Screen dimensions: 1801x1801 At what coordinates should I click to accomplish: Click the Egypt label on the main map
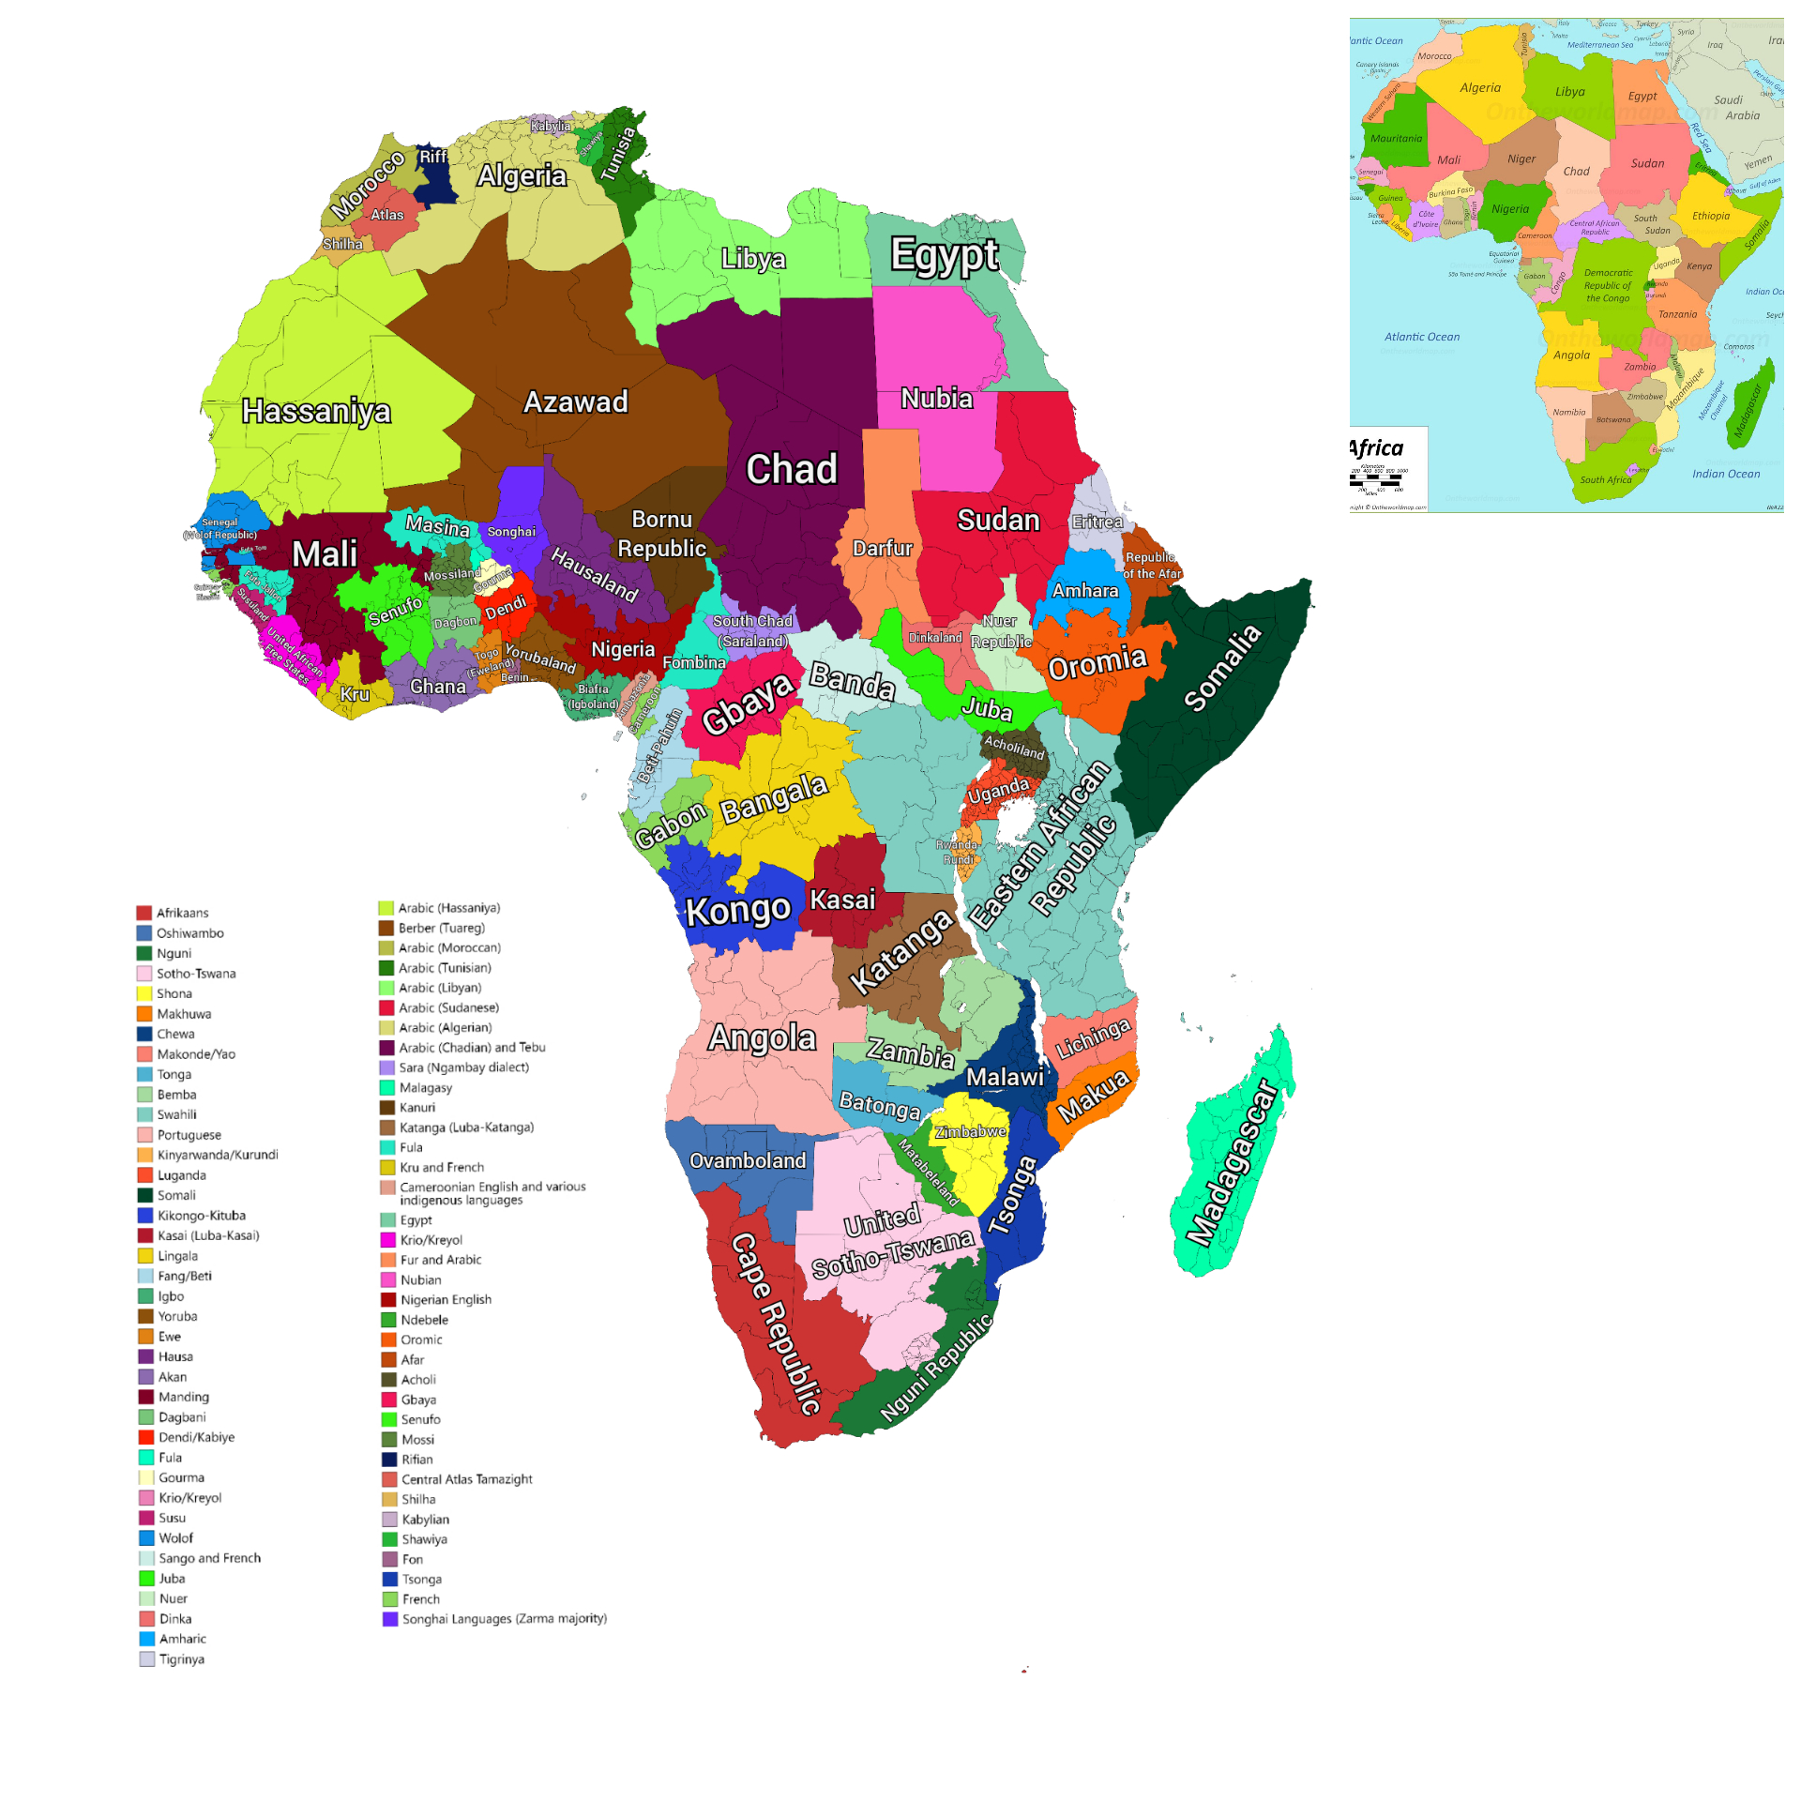(x=944, y=255)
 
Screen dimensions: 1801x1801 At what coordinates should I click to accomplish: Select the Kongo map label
(x=738, y=911)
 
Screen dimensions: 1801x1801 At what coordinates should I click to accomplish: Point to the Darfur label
(x=882, y=549)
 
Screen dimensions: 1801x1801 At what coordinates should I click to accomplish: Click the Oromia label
(x=1097, y=663)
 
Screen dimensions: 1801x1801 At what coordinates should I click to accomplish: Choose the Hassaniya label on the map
(x=316, y=411)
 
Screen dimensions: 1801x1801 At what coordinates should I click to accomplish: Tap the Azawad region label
(x=575, y=402)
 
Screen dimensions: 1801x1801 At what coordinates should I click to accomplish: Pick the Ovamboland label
(x=748, y=1161)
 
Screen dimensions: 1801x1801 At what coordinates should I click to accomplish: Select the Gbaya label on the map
(x=748, y=704)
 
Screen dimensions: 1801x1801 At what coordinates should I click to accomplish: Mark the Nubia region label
(x=936, y=399)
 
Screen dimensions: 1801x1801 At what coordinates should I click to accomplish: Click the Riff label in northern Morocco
(x=433, y=157)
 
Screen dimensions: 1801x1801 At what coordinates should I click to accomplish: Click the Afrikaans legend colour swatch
(x=144, y=913)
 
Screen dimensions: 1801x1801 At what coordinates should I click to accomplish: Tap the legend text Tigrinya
(x=182, y=1659)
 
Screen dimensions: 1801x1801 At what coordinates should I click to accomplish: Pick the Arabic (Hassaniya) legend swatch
(x=386, y=908)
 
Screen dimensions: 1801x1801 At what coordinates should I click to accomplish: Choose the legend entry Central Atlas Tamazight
(x=466, y=1479)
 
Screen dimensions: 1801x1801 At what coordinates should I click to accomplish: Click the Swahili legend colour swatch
(x=144, y=1114)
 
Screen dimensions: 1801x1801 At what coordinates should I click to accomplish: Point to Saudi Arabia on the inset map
(x=1735, y=108)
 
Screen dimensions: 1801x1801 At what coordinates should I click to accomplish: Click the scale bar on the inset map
(x=1377, y=481)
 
